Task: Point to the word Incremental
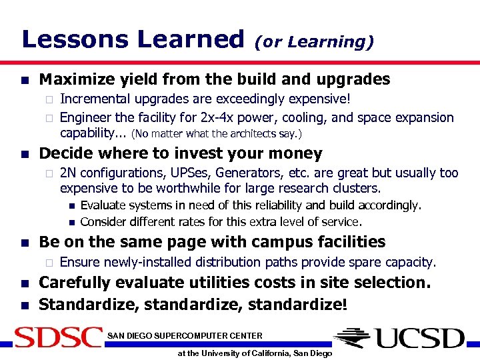coord(93,99)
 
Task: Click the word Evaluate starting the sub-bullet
coord(103,205)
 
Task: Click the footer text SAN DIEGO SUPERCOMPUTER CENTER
coord(185,335)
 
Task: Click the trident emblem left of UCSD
coord(356,338)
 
